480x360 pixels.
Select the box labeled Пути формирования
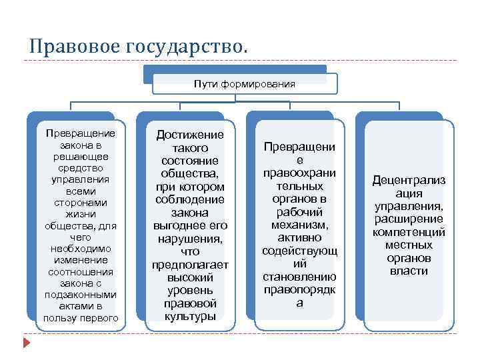(x=245, y=84)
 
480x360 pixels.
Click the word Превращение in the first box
(x=80, y=133)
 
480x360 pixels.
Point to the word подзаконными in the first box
(x=80, y=295)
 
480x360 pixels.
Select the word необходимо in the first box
(x=80, y=249)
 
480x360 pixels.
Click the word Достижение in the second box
(x=190, y=135)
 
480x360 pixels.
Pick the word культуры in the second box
(x=190, y=316)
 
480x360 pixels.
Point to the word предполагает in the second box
(x=190, y=265)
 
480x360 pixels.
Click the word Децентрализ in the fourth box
(x=409, y=181)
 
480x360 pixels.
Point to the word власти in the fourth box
(x=409, y=271)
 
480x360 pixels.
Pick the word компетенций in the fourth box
(x=409, y=232)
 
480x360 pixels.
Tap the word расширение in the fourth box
(x=409, y=219)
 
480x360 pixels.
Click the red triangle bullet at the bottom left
(x=27, y=344)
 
